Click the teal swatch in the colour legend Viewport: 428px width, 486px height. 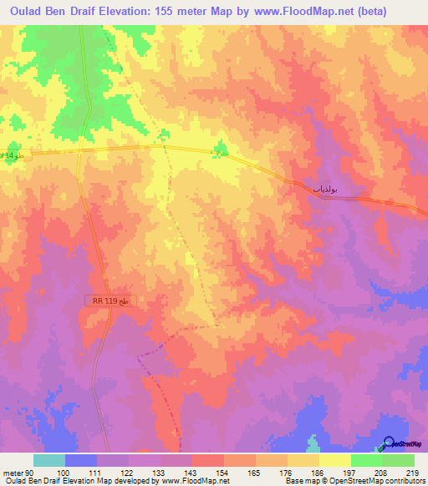[x=49, y=460]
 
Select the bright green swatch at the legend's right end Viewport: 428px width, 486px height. [x=399, y=460]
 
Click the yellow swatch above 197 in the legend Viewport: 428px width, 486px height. [x=335, y=460]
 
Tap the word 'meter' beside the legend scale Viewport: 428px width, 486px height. [x=13, y=473]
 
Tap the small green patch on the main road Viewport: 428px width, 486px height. [x=221, y=150]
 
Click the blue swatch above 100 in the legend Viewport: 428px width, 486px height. [x=81, y=460]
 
